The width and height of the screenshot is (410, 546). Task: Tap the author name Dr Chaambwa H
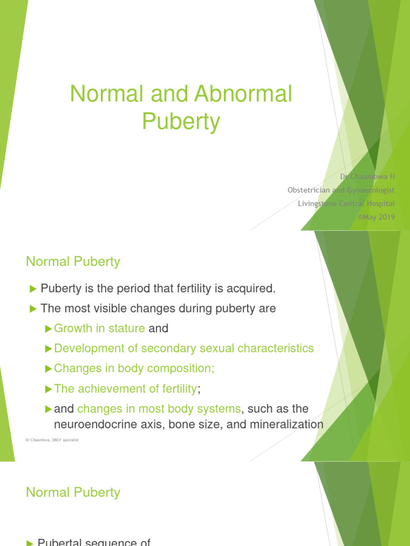click(368, 176)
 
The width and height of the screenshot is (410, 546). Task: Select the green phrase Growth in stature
click(99, 328)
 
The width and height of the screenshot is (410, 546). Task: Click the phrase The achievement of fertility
click(125, 389)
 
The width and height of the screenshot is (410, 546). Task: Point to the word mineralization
click(288, 424)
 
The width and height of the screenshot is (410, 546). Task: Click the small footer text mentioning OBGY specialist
click(52, 440)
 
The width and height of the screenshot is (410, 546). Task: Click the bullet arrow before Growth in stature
click(49, 328)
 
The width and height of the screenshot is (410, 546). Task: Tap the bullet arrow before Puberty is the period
click(33, 289)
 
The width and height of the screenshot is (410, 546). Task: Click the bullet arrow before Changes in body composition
click(49, 368)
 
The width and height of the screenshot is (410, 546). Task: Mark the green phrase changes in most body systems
click(159, 409)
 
